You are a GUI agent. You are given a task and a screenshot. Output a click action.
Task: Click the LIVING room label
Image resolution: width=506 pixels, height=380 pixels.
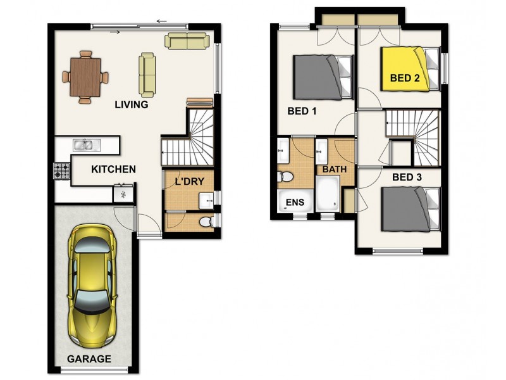132,104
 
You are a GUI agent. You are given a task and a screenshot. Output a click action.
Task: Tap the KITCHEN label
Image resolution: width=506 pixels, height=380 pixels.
113,169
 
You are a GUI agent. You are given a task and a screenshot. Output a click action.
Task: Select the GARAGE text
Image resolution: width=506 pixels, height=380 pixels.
89,358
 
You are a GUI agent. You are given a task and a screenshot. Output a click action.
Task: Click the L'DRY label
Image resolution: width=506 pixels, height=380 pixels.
190,181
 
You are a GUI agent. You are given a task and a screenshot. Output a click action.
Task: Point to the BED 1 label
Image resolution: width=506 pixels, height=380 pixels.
302,111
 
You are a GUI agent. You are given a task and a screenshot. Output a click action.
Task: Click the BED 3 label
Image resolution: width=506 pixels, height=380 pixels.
407,177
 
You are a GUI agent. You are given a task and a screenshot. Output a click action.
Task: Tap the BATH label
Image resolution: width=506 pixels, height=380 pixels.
335,169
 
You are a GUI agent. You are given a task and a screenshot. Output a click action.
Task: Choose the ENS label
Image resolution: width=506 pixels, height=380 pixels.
295,202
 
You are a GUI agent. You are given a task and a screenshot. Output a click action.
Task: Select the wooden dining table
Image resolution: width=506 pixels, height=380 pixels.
85,77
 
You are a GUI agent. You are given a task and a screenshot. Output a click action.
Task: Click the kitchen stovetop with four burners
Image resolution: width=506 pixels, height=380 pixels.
61,171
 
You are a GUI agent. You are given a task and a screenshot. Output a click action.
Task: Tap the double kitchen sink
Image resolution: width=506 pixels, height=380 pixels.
87,145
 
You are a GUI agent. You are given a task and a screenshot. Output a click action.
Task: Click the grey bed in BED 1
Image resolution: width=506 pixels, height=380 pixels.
323,77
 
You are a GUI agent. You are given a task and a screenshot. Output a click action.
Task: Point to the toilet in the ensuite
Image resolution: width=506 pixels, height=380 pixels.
285,177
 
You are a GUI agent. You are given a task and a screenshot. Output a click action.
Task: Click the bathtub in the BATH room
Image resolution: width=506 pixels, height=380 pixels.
328,194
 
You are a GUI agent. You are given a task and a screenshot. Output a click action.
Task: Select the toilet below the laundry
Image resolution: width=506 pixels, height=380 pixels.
207,222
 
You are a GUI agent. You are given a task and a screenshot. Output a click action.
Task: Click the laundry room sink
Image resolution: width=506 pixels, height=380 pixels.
206,201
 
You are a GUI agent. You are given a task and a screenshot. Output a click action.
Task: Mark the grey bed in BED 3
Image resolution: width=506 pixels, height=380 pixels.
410,210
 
